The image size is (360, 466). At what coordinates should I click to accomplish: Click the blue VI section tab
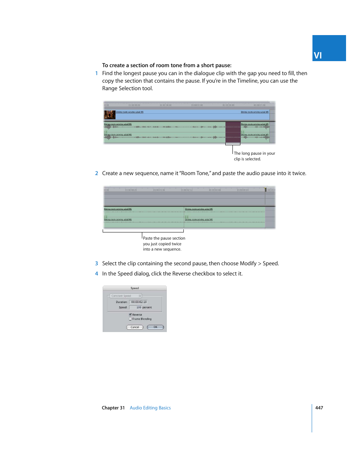point(329,48)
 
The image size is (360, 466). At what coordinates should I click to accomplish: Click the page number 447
point(319,408)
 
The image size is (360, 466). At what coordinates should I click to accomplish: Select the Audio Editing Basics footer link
point(150,408)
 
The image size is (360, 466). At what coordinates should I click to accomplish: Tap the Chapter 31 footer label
point(113,408)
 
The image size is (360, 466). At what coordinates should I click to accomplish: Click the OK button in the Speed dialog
point(155,327)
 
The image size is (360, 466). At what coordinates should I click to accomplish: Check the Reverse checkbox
point(130,314)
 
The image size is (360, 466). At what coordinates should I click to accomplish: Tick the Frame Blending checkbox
point(130,319)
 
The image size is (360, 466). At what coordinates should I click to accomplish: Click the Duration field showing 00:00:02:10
point(139,302)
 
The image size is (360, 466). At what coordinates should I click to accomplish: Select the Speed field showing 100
point(136,307)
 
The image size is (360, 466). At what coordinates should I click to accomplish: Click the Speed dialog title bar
point(135,288)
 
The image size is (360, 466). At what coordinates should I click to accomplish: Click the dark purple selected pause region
point(233,132)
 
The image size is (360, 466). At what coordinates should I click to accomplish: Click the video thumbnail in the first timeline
point(109,114)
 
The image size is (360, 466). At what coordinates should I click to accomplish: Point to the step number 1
point(97,74)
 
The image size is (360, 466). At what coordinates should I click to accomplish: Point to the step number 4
point(97,274)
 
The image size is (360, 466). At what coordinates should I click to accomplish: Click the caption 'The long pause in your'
point(254,153)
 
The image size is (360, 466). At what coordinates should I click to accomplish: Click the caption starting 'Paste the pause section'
point(164,238)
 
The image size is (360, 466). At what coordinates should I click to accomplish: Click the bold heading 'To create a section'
point(166,65)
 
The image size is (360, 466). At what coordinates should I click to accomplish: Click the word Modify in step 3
point(248,263)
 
